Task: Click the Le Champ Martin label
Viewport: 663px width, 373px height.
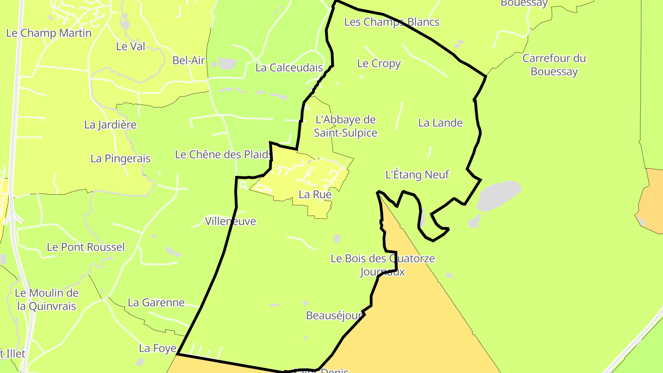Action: (49, 33)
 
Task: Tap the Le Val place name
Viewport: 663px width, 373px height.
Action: (130, 47)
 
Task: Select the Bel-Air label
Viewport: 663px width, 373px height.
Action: (188, 60)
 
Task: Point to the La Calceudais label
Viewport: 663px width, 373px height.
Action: (289, 68)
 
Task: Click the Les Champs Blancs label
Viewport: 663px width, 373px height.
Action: (391, 22)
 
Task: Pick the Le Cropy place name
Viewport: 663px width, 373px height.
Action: (379, 64)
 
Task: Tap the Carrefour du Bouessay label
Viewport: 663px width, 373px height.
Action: (554, 65)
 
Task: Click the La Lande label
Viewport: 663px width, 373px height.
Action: (440, 122)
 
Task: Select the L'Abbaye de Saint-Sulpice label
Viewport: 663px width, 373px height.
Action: (345, 126)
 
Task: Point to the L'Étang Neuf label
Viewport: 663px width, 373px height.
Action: (417, 175)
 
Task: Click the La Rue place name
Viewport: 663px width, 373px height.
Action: (315, 194)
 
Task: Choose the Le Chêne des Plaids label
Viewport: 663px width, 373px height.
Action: (224, 155)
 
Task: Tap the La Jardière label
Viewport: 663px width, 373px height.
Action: (110, 125)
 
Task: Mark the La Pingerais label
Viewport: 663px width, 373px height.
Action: (120, 159)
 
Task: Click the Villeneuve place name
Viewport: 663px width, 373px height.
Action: (230, 221)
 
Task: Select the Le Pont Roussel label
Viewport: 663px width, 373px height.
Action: (86, 247)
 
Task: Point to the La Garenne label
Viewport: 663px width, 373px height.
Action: (156, 303)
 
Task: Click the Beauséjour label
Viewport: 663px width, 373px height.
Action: (334, 315)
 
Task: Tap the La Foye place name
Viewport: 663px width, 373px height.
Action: (157, 349)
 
